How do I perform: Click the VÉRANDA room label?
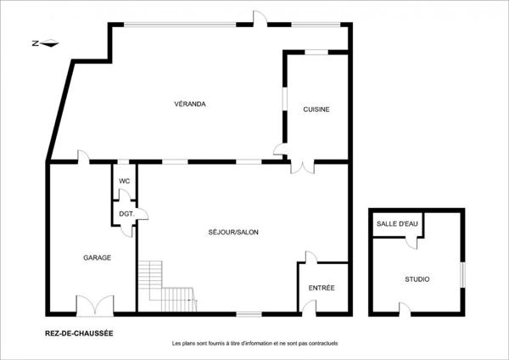(x=190, y=104)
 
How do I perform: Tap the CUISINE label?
(x=316, y=110)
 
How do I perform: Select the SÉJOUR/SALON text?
(x=232, y=232)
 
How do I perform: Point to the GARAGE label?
(x=97, y=257)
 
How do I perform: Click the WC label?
(x=124, y=181)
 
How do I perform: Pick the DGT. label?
(x=125, y=214)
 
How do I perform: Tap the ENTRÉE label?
(x=322, y=288)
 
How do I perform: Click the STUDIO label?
(x=417, y=278)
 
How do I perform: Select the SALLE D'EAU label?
(x=397, y=223)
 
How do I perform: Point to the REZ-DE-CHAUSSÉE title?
(x=79, y=333)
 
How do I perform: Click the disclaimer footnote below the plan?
(x=255, y=343)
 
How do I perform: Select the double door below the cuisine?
(x=300, y=166)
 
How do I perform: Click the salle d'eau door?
(x=411, y=243)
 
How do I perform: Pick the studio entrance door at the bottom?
(x=405, y=309)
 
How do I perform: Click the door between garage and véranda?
(x=83, y=157)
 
